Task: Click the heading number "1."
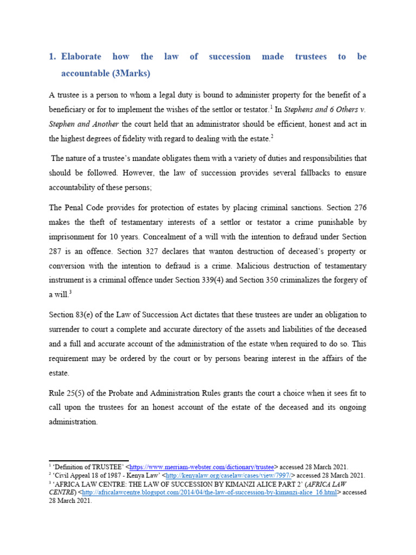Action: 53,57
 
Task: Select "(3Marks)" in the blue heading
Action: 126,73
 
